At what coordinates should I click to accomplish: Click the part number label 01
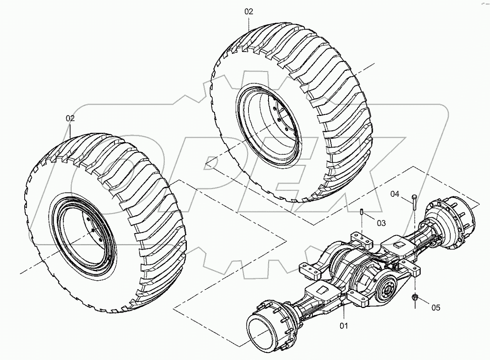[x=344, y=326]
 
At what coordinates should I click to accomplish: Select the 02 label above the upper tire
[x=249, y=12]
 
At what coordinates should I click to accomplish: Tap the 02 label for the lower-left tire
[x=70, y=119]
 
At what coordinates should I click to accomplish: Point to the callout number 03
[x=381, y=223]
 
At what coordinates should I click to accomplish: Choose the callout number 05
[x=435, y=307]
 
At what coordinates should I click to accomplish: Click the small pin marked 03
[x=362, y=212]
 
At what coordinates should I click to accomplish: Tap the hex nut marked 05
[x=415, y=297]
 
